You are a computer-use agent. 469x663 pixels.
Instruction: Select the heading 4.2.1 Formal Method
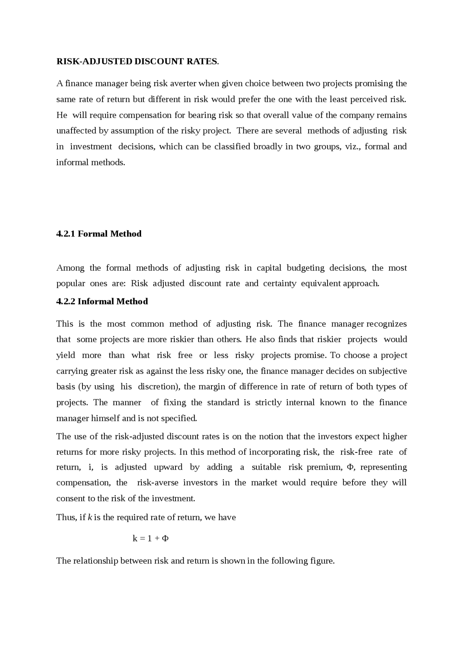point(99,234)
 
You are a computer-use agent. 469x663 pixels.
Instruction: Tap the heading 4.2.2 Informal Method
point(102,301)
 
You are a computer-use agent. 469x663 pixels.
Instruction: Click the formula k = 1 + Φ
point(151,538)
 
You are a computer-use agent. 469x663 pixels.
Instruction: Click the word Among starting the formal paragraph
point(70,268)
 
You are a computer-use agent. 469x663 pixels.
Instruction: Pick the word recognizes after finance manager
point(387,324)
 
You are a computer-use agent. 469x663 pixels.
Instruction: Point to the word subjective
point(388,371)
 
